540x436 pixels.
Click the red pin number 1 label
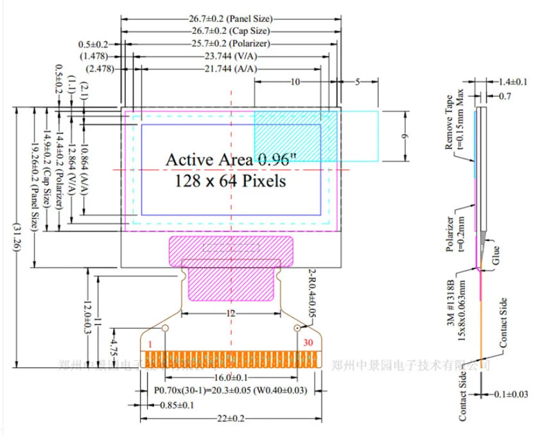[150, 344]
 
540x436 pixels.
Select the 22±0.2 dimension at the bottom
[231, 418]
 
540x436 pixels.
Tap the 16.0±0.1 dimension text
[231, 378]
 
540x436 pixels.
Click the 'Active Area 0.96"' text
[231, 160]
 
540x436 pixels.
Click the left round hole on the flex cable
[164, 328]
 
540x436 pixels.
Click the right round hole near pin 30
[298, 328]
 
